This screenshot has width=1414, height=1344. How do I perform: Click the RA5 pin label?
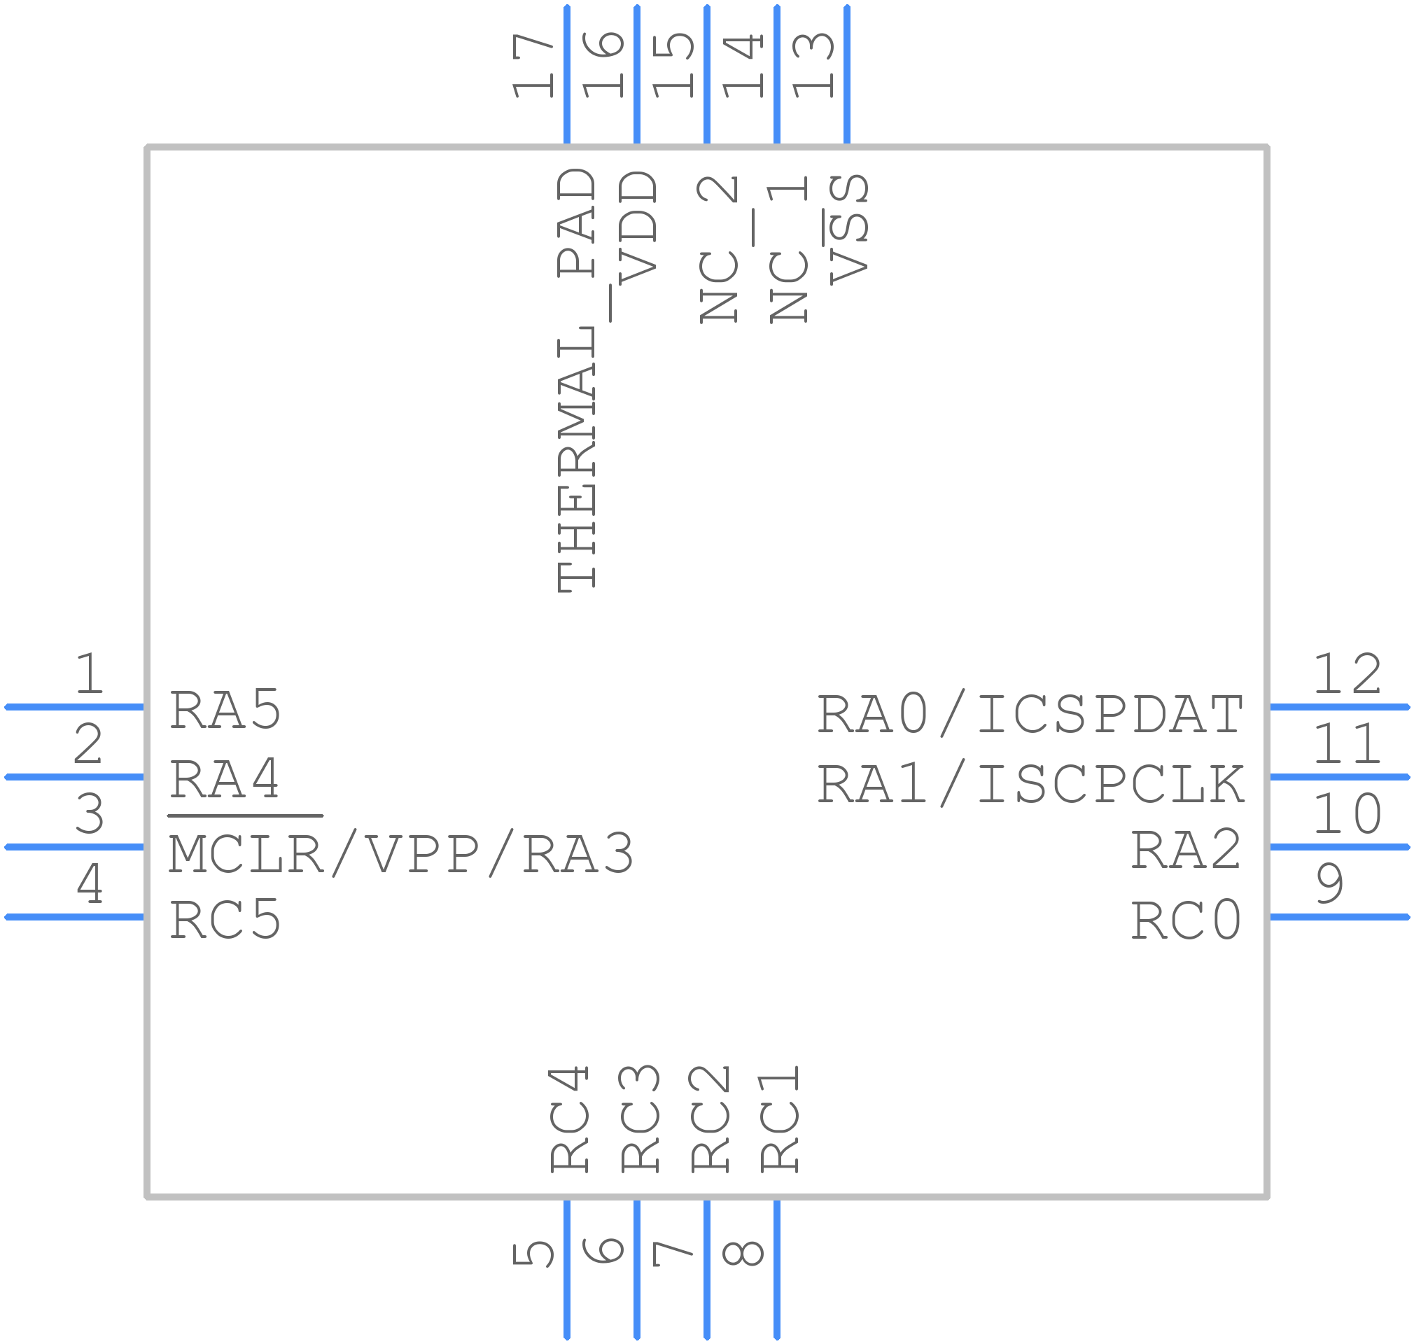click(225, 710)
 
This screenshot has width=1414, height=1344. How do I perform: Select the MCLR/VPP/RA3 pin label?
click(401, 854)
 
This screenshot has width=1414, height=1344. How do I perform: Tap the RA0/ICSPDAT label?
click(1030, 714)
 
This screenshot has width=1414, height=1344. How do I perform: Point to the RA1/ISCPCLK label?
click(1030, 784)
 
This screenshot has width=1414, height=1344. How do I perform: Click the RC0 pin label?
click(1186, 920)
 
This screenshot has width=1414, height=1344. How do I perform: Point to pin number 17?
click(532, 65)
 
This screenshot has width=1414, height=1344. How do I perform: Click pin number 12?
click(1347, 674)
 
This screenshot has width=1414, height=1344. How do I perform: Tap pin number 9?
click(1329, 883)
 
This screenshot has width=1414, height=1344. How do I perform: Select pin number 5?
click(532, 1254)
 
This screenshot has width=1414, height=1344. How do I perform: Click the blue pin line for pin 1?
click(74, 707)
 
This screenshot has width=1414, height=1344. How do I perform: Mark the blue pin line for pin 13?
click(848, 74)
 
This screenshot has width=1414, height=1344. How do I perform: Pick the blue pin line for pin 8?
click(777, 1270)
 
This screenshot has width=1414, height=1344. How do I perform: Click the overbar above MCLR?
click(245, 815)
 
